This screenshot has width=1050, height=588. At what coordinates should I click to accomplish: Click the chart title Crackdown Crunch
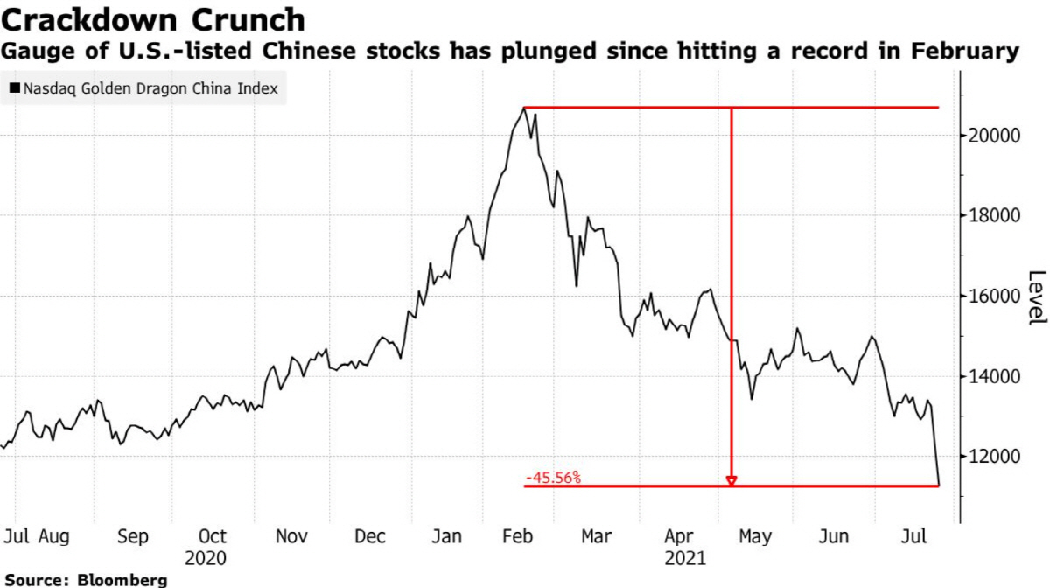(x=154, y=19)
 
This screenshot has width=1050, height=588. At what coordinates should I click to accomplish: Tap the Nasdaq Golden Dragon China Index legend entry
(x=143, y=88)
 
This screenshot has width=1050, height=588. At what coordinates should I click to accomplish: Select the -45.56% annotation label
(x=553, y=478)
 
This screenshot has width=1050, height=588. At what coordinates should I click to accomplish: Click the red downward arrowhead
(x=731, y=479)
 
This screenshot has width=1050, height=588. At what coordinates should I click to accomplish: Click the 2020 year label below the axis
(x=206, y=557)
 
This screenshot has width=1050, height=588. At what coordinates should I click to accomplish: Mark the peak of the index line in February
(x=523, y=108)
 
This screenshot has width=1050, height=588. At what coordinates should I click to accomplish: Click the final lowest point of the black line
(x=939, y=485)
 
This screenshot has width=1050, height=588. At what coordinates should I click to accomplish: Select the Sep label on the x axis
(x=132, y=536)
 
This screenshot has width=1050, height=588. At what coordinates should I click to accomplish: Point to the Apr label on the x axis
(x=679, y=536)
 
